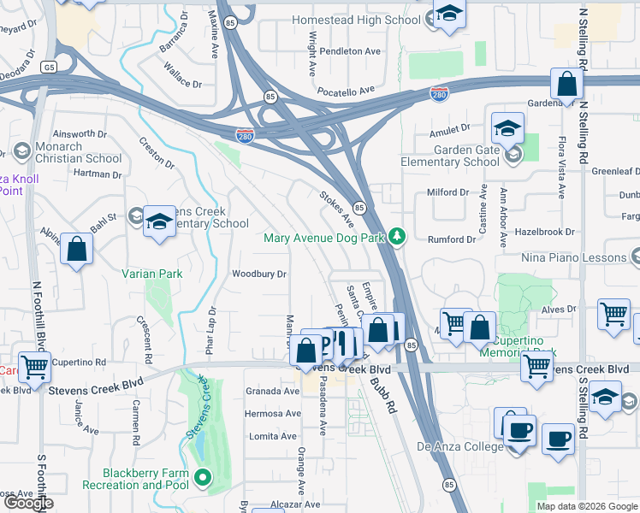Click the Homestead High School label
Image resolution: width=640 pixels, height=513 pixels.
(x=356, y=19)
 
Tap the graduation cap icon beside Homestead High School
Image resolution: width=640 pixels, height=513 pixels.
(x=448, y=14)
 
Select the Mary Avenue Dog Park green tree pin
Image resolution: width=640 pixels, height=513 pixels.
(x=396, y=236)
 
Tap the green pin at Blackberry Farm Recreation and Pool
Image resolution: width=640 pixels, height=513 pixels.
(x=203, y=478)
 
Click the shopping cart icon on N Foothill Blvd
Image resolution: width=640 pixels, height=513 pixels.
(x=35, y=367)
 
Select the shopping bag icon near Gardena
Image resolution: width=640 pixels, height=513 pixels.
(x=566, y=85)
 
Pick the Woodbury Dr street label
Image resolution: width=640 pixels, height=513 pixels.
(x=258, y=274)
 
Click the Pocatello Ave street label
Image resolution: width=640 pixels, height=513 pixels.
(x=347, y=90)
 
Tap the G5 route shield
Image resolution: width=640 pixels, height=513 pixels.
(x=50, y=65)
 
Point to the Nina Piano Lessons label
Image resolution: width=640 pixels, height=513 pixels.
(x=574, y=256)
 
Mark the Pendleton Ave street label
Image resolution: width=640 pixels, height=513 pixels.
(x=349, y=51)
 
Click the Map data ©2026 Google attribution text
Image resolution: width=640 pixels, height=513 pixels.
(x=586, y=505)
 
